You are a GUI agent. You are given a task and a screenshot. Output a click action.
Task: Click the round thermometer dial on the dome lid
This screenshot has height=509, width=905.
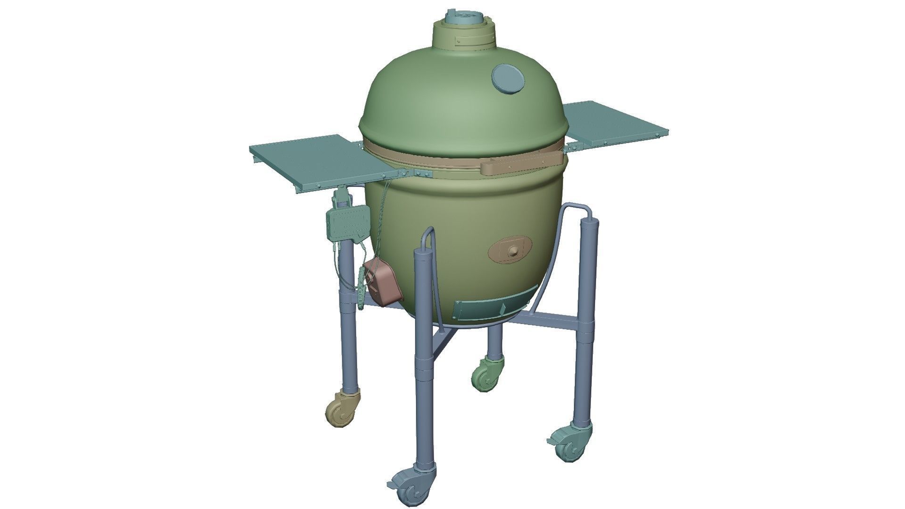point(507,79)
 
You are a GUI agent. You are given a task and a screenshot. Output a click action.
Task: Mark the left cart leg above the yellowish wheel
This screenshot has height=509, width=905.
point(348,330)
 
